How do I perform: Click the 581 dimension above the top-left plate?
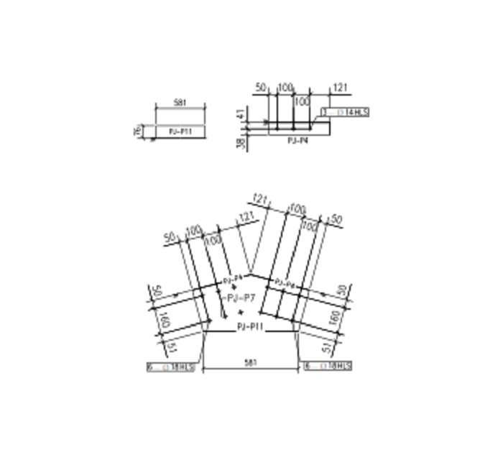(180, 103)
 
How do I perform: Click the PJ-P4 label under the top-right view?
(296, 141)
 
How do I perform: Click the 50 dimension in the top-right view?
(260, 88)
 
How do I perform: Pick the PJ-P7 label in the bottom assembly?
(240, 297)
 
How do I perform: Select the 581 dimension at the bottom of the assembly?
(250, 364)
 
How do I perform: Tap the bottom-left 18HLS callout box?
(170, 367)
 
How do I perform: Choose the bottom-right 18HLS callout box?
(328, 367)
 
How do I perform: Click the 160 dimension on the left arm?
(162, 322)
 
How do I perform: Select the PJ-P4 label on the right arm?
(285, 285)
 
